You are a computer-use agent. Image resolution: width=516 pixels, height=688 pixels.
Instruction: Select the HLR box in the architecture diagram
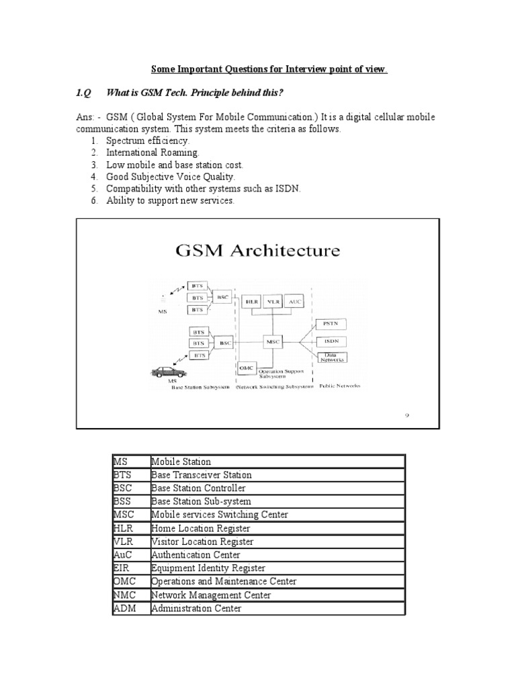tap(253, 302)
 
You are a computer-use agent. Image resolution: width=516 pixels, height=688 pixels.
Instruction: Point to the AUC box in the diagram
tap(296, 302)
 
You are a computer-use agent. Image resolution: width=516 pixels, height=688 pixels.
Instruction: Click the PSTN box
tap(331, 323)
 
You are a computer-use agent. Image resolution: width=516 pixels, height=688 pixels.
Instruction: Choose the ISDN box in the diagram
tap(331, 341)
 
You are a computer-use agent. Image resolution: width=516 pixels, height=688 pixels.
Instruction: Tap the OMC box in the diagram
tap(246, 368)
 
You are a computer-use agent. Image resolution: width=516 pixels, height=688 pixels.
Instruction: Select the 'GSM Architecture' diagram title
tap(257, 252)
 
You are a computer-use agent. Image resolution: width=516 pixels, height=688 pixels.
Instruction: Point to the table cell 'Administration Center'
tap(197, 609)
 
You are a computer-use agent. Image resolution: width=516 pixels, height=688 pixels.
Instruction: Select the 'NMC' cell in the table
tap(122, 595)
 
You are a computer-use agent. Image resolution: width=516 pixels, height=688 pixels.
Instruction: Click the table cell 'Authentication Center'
tap(192, 555)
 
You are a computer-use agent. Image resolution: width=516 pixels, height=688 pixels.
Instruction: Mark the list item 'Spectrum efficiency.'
tap(148, 140)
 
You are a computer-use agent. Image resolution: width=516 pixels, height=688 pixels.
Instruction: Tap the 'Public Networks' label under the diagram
tap(339, 386)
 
